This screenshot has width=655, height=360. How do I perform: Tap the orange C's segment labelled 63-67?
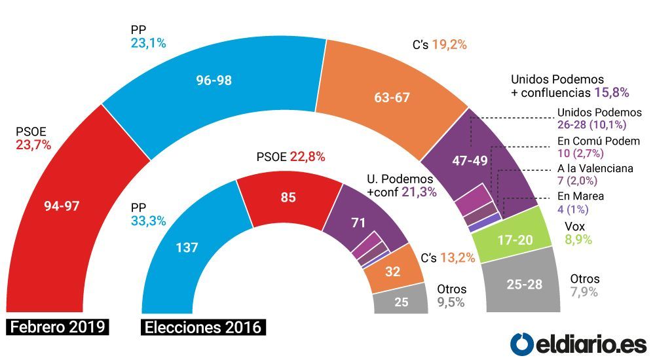[392, 97]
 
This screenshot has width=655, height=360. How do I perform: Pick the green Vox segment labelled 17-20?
[515, 239]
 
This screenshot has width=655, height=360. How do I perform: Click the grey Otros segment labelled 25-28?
[524, 285]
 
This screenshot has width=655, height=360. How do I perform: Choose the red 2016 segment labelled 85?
[289, 197]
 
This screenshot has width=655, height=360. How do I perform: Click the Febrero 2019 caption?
[58, 327]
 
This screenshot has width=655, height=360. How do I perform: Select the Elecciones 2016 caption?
[204, 327]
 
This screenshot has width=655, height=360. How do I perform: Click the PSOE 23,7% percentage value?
[33, 145]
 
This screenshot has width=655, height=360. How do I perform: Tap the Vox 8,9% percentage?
[578, 240]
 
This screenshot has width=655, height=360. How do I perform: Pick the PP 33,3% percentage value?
[149, 221]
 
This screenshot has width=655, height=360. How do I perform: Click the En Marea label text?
[580, 196]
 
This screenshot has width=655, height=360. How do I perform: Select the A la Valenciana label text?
[595, 168]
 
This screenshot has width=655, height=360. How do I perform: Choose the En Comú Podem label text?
[599, 141]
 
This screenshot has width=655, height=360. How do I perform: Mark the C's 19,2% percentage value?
[449, 45]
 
